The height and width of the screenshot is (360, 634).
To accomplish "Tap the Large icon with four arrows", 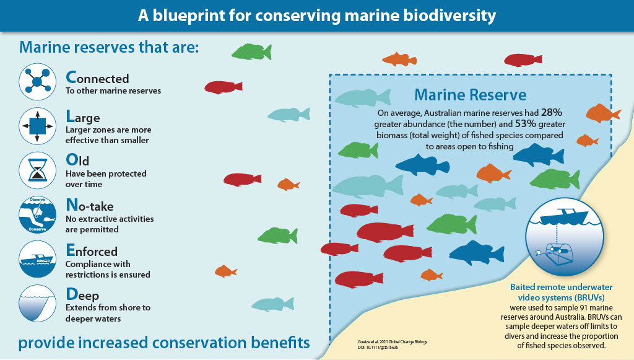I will pyautogui.click(x=38, y=126).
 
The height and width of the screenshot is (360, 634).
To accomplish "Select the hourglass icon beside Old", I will pyautogui.click(x=38, y=170).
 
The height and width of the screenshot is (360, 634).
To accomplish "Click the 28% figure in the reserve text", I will pyautogui.click(x=551, y=113).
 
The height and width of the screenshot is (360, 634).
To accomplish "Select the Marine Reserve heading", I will pyautogui.click(x=470, y=95).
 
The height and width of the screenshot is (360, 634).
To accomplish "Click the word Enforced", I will pyautogui.click(x=92, y=252).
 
